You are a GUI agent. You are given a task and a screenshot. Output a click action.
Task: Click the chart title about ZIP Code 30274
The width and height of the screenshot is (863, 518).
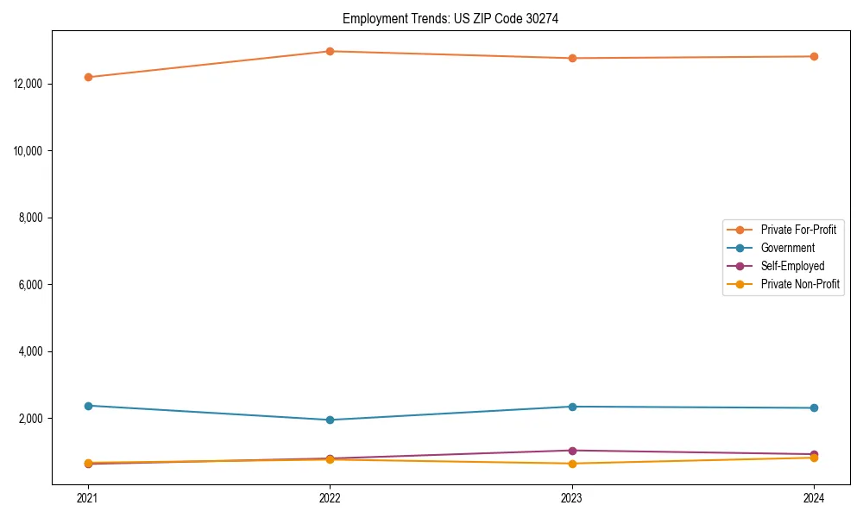pos(450,18)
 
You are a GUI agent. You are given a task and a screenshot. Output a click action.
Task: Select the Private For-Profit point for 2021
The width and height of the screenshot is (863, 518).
pos(88,77)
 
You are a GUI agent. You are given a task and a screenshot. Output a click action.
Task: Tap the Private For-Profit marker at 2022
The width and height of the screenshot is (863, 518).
pos(330,51)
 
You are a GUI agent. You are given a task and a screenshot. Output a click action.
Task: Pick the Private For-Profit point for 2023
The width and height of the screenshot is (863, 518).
pos(572,58)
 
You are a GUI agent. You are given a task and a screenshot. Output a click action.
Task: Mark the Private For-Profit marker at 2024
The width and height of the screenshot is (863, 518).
pos(814,56)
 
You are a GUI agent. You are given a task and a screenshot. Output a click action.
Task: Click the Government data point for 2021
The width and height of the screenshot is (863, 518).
pos(88,406)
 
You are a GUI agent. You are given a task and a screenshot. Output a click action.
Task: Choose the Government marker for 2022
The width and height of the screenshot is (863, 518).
pos(330,420)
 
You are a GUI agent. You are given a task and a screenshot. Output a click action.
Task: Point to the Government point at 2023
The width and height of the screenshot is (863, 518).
pos(572,407)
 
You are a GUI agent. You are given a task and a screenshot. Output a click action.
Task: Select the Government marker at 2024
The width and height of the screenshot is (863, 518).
pos(814,408)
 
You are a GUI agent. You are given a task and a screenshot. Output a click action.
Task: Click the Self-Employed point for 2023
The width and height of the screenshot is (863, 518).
pos(572,451)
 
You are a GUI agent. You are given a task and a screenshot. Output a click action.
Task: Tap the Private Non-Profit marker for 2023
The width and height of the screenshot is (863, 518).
pos(572,464)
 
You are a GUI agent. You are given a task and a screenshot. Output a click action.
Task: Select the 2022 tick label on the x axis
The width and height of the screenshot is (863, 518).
pos(330,498)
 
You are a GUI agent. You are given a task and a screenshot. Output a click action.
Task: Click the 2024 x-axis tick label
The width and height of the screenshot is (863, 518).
pos(814,498)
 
